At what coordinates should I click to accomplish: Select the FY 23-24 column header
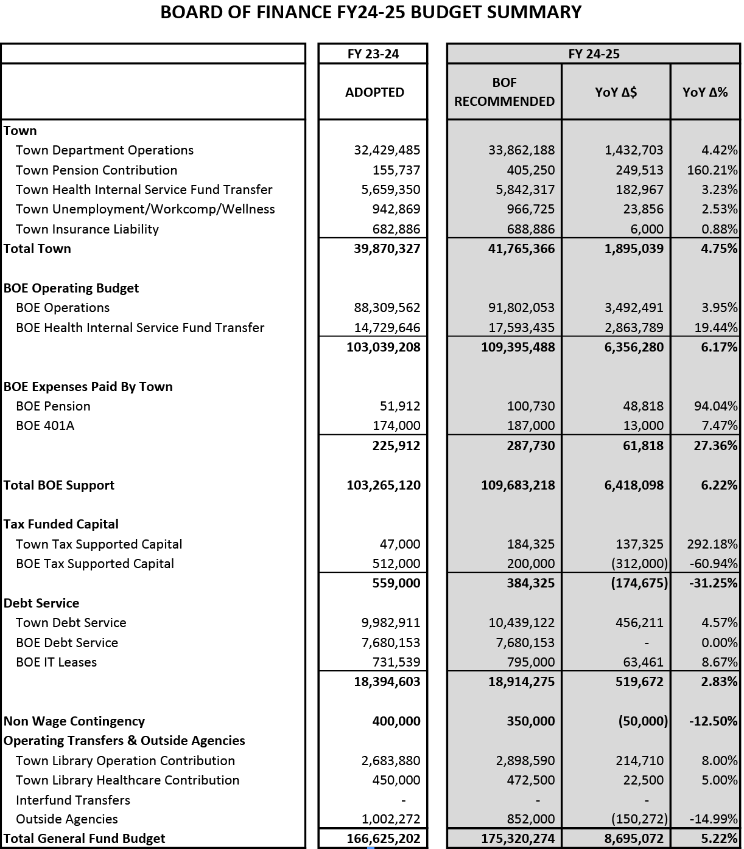tap(373, 54)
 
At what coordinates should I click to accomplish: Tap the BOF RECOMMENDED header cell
tap(504, 92)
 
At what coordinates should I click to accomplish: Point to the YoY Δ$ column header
tap(616, 92)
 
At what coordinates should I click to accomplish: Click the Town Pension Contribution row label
tap(96, 170)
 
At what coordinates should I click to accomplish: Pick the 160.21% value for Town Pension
tap(712, 170)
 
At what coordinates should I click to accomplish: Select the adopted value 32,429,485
tap(387, 150)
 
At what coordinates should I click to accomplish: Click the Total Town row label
tap(37, 249)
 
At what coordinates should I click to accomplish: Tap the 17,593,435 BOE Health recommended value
tap(522, 328)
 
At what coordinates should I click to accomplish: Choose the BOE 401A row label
tap(45, 426)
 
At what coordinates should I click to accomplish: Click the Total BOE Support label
tap(59, 485)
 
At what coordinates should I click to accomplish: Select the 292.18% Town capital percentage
tap(712, 544)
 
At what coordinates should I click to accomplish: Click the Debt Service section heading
tap(41, 603)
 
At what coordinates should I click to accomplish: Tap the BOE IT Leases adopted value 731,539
tap(396, 662)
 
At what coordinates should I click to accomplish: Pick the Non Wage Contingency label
tap(74, 721)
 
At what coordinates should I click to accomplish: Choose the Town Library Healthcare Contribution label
tap(127, 780)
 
